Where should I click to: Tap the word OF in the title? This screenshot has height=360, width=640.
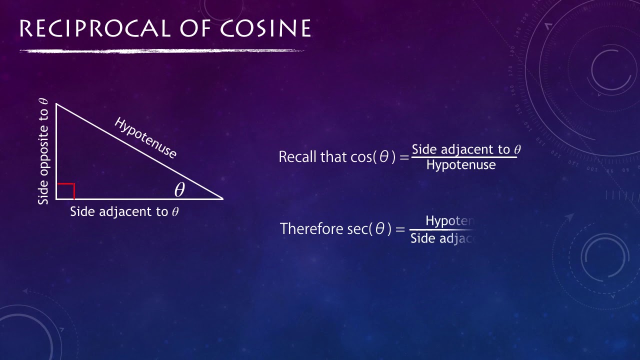click(200, 29)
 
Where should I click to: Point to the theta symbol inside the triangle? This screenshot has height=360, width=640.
click(179, 190)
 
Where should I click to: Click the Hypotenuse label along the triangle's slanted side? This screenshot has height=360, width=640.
click(145, 137)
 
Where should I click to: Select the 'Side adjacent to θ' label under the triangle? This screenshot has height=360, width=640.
click(124, 211)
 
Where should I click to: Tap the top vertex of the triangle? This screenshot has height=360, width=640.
click(56, 104)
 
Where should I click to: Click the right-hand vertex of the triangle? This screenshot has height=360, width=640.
click(222, 198)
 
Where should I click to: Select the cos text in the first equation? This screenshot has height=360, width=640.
click(361, 157)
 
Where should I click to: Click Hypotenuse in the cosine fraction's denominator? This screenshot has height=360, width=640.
click(460, 165)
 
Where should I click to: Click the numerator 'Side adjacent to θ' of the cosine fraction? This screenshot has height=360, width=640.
click(466, 149)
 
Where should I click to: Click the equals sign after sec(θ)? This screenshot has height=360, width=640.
click(399, 229)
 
